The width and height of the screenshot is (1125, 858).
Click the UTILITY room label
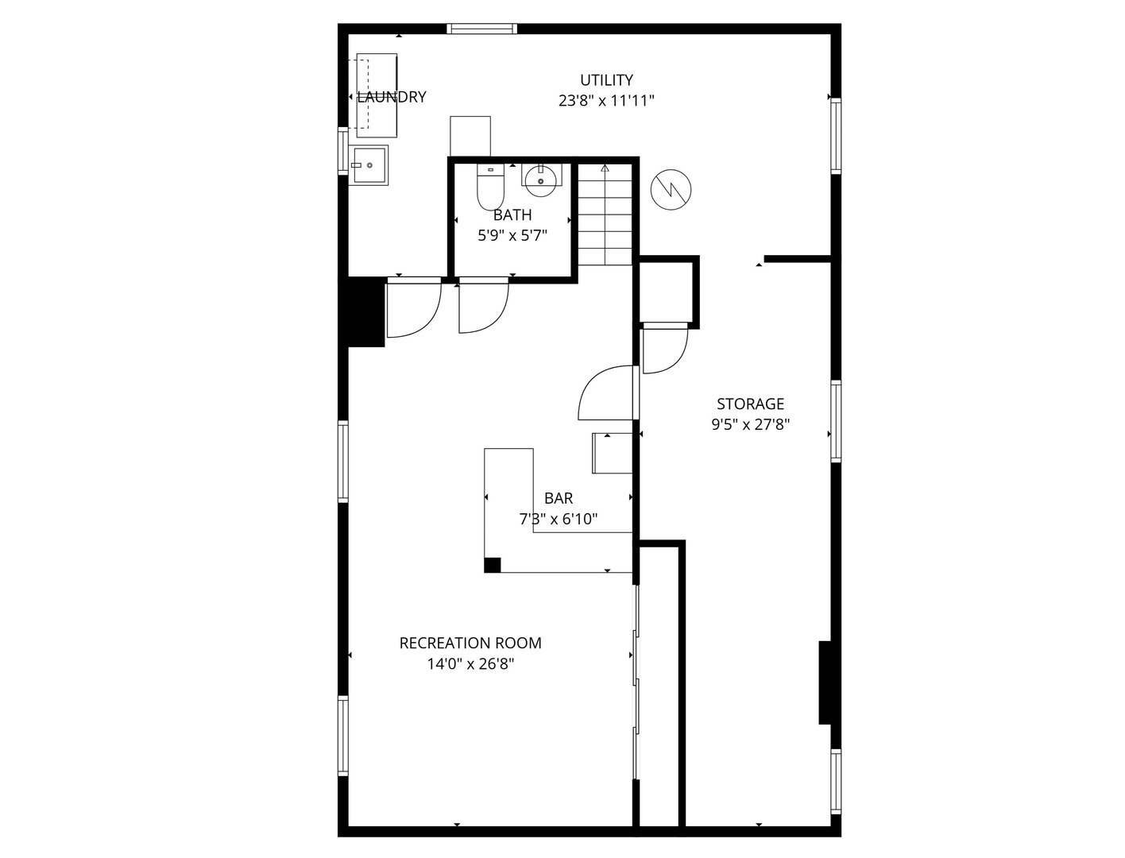(606, 80)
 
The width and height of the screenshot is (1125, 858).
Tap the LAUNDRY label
(392, 97)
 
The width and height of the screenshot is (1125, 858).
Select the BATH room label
(512, 214)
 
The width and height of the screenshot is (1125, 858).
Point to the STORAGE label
(750, 404)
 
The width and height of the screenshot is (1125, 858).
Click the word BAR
(559, 497)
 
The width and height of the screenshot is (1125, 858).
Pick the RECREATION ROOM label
(470, 643)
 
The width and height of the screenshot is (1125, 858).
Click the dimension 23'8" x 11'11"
(606, 100)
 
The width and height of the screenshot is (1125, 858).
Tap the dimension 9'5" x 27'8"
(750, 424)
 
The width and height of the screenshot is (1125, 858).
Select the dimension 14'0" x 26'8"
(470, 663)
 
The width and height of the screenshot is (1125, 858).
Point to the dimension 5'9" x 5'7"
(512, 235)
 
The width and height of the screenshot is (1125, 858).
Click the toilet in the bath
(490, 187)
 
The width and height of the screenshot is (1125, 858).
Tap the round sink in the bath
(541, 180)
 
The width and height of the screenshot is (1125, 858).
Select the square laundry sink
(369, 165)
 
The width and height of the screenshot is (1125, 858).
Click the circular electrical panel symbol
(671, 190)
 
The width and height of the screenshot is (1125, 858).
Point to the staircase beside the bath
(605, 214)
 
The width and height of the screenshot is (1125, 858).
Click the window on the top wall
(481, 29)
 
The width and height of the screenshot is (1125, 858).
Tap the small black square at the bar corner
(492, 565)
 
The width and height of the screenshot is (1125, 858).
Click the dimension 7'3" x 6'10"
(559, 520)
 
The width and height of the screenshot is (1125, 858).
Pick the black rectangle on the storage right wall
(825, 682)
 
